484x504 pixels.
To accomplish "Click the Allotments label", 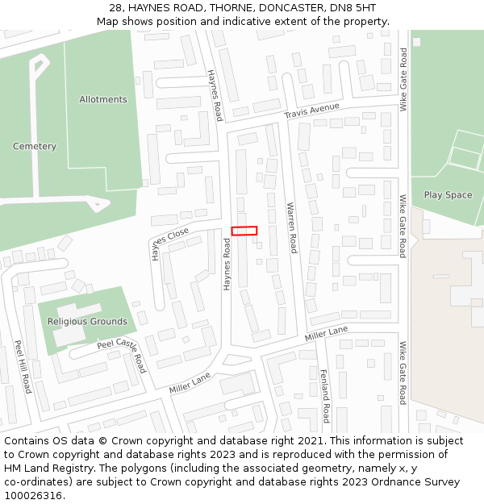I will (x=103, y=100).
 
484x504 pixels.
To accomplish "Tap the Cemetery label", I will (x=35, y=147).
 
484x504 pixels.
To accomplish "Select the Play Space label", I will (x=448, y=195).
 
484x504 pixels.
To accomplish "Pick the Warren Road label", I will (x=293, y=227).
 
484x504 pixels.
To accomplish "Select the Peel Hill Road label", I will (x=22, y=366).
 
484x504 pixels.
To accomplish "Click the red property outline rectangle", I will (x=244, y=231).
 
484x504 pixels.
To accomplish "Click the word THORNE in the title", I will (x=230, y=7).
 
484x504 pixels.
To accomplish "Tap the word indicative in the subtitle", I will (x=223, y=21).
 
